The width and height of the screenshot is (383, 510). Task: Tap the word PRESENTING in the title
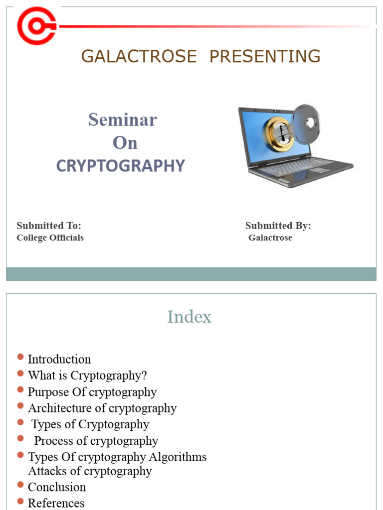click(x=265, y=56)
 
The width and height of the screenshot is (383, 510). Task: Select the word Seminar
click(x=123, y=120)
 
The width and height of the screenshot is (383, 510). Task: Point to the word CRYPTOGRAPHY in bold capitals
click(x=120, y=166)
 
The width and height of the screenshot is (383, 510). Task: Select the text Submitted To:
click(x=49, y=226)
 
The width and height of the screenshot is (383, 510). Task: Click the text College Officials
click(x=50, y=238)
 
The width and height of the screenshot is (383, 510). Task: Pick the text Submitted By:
click(x=278, y=226)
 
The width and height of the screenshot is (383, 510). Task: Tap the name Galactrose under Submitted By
click(x=270, y=238)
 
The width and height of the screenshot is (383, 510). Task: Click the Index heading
click(x=189, y=317)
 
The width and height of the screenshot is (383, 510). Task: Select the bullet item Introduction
click(x=59, y=359)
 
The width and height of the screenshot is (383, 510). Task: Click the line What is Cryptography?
click(x=87, y=376)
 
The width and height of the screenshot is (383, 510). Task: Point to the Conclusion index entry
click(x=57, y=487)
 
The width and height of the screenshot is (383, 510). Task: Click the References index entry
click(x=56, y=503)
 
